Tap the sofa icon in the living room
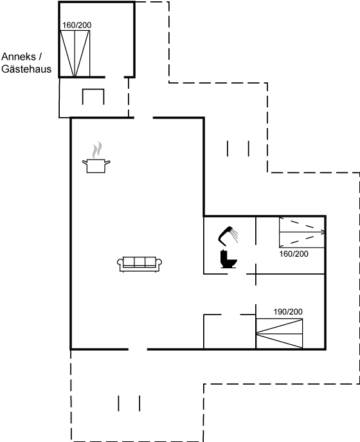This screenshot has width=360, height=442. [x=139, y=264]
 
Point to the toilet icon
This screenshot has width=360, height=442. [x=228, y=259]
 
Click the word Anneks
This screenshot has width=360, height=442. [x=19, y=57]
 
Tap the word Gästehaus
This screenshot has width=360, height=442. [x=26, y=69]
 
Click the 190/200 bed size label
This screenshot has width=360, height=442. [x=288, y=312]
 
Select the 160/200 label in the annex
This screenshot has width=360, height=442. [x=77, y=25]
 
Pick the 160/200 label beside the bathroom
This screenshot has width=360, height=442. [x=294, y=254]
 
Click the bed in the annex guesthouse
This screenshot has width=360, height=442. [x=75, y=53]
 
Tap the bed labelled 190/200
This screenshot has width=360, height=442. [x=279, y=333]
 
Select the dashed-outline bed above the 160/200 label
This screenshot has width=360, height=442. [x=302, y=232]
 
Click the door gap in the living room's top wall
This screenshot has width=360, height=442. [x=143, y=118]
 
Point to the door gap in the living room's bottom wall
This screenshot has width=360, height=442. [x=138, y=349]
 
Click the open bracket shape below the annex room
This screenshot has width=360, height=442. [x=93, y=89]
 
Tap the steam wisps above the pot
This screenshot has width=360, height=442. [x=97, y=150]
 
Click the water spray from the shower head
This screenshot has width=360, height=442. [x=235, y=235]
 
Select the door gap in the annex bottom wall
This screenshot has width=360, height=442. [x=115, y=77]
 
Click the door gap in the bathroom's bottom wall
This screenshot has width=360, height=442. [x=237, y=273]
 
